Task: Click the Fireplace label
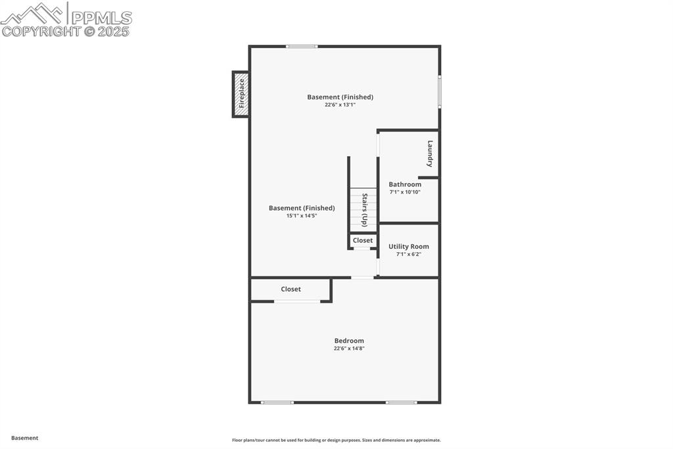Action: [x=242, y=93]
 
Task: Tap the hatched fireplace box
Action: [x=241, y=109]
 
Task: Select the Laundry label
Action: [x=430, y=153]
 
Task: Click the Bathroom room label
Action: [x=405, y=184]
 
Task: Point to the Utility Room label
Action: [x=409, y=247]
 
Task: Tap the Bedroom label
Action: [x=349, y=341]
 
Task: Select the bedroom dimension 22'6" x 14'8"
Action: [x=349, y=349]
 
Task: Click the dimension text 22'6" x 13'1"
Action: [x=340, y=105]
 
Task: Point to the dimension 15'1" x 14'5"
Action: [x=302, y=216]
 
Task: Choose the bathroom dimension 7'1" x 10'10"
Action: [x=405, y=192]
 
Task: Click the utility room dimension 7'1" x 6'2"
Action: [x=409, y=255]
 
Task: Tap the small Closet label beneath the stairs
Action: [x=363, y=240]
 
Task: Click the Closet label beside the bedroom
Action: [x=291, y=289]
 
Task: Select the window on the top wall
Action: [x=302, y=46]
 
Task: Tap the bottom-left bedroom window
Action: [x=277, y=402]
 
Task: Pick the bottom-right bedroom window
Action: [x=401, y=402]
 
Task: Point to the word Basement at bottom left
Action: [x=25, y=438]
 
